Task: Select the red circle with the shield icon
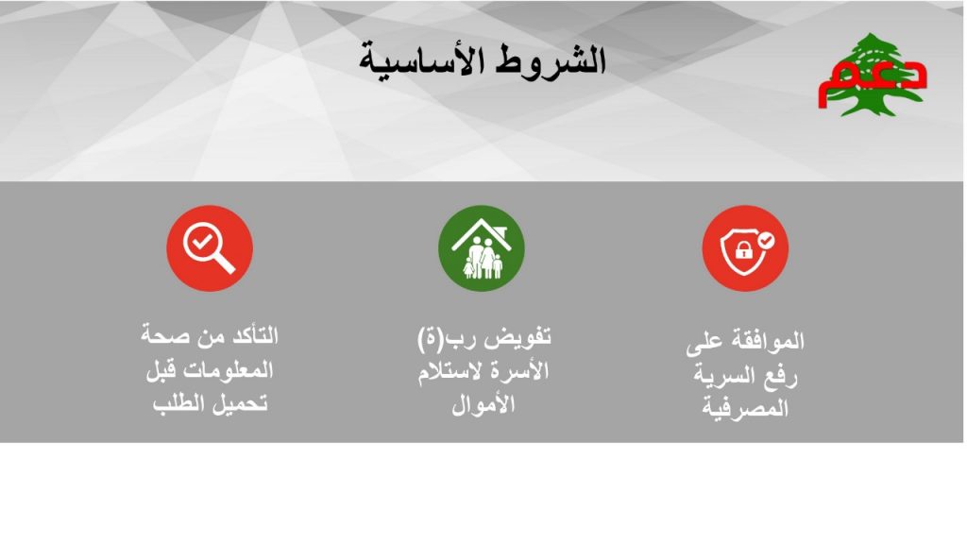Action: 745,248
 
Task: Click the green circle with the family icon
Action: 481,248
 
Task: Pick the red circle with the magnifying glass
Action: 210,248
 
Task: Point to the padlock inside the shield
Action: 744,249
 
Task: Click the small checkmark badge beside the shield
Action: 766,240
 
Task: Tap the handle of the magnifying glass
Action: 225,263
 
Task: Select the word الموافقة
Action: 768,340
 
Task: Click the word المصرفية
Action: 746,408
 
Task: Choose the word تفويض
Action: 518,338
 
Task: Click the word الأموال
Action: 483,405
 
